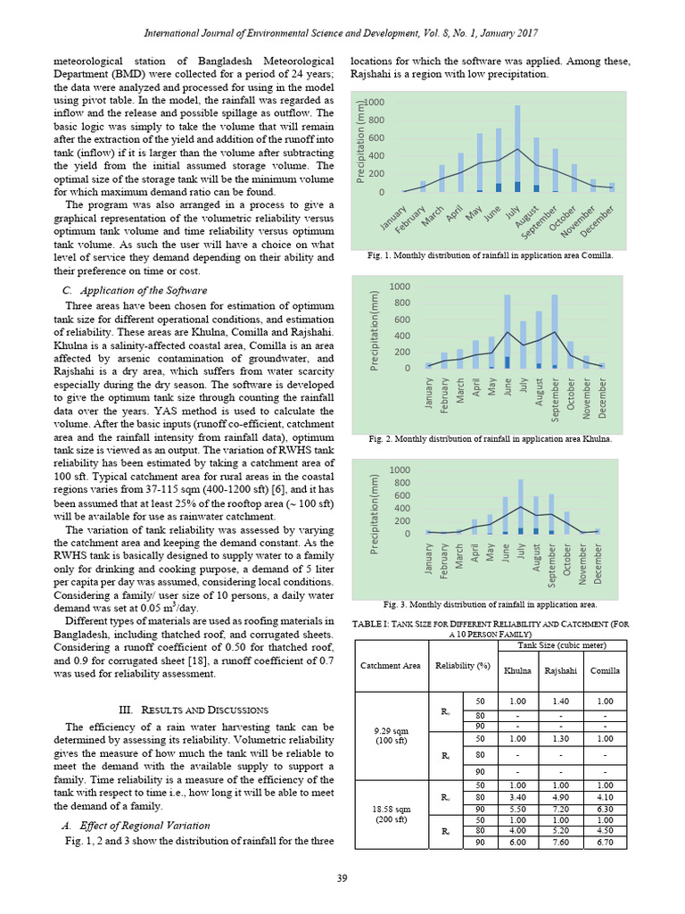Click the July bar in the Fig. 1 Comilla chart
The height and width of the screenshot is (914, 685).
[516, 148]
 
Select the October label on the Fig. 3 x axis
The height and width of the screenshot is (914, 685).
[567, 564]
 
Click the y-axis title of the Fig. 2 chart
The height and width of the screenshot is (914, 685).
[377, 328]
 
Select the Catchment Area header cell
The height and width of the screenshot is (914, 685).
[390, 665]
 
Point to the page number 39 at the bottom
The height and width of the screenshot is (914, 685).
[342, 880]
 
